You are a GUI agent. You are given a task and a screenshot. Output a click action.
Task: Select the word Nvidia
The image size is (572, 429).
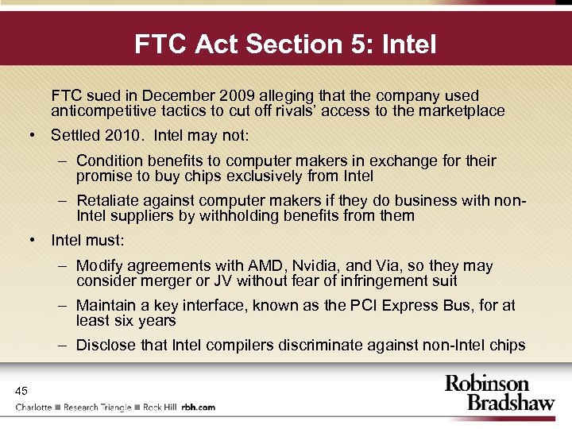[315, 266]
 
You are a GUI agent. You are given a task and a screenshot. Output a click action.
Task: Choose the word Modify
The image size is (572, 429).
[99, 266]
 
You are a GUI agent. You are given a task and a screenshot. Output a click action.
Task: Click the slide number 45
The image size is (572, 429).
[21, 390]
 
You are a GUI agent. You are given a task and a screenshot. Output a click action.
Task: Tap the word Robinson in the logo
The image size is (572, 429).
[486, 385]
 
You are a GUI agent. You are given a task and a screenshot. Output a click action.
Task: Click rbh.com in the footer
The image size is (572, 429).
[199, 407]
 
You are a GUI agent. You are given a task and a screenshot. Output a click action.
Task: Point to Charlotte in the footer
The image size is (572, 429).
[34, 407]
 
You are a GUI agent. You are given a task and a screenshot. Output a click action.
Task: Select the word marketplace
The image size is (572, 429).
[462, 110]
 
